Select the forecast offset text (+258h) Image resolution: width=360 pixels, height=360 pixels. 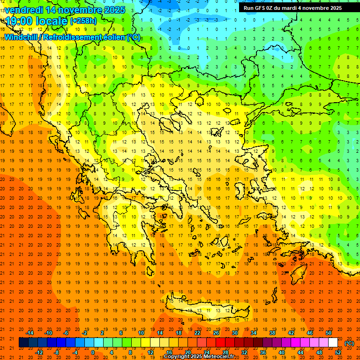83,21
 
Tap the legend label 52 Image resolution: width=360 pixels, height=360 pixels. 338,352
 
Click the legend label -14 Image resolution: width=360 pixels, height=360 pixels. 30,332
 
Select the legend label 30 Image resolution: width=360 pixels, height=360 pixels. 235,332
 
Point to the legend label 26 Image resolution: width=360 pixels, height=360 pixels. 216,332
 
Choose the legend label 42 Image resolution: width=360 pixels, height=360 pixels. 291,332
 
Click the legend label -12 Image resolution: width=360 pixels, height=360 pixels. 39,352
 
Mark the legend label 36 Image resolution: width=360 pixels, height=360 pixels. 263,352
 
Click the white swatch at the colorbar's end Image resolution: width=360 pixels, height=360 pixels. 333,343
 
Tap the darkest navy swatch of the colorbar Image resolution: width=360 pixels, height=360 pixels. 23,343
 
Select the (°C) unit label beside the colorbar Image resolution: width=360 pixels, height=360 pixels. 349,343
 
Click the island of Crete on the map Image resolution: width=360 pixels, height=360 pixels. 206,309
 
